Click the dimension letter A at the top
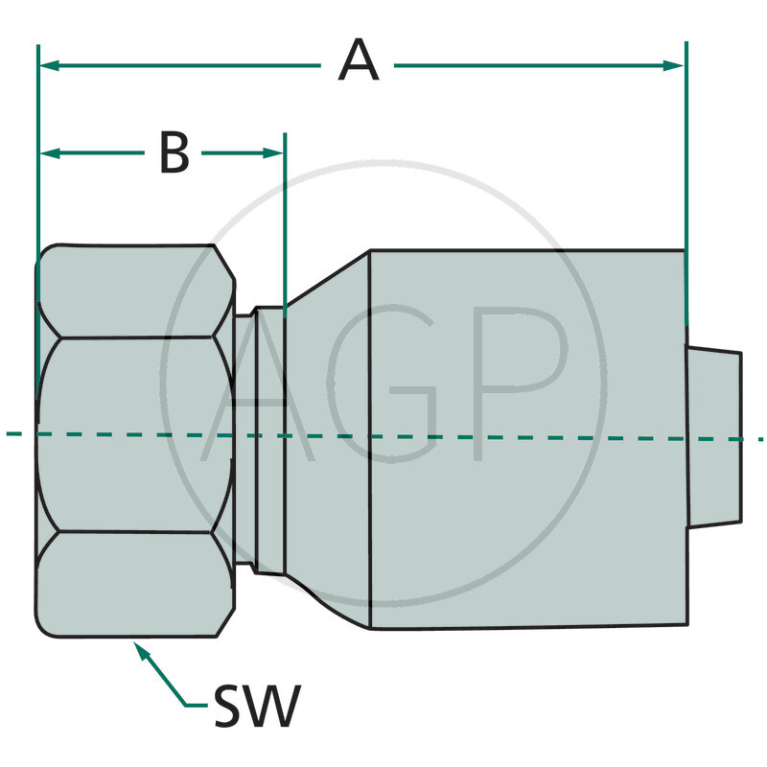[359, 63]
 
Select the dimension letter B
[174, 152]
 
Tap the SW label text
[255, 707]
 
